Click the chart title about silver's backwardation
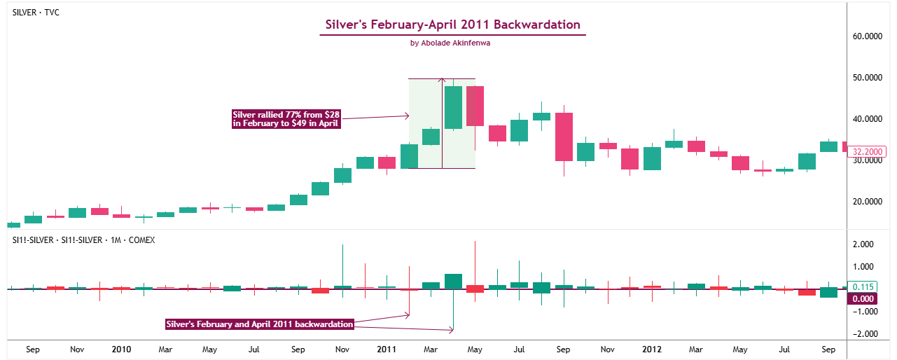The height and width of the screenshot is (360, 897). point(452,25)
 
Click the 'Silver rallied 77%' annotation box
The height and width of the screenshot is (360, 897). point(286,118)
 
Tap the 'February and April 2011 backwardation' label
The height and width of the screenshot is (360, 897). point(259,324)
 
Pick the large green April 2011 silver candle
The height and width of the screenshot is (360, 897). point(453,107)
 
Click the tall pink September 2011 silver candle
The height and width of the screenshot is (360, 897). point(564,137)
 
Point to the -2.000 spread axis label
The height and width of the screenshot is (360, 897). point(864,334)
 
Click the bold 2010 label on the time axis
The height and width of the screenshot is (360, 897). point(122,349)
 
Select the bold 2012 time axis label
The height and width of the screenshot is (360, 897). point(652,349)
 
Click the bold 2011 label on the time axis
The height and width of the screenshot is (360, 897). point(387,349)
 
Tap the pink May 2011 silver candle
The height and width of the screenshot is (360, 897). point(475,106)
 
